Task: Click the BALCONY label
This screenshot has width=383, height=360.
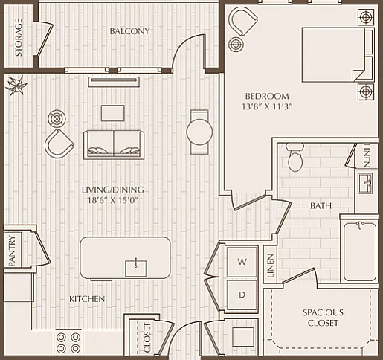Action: point(129,31)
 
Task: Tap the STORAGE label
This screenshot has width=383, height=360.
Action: point(19,37)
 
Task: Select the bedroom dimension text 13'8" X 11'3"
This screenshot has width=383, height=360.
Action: point(267,106)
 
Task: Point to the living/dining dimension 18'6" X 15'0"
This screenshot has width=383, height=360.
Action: point(113,200)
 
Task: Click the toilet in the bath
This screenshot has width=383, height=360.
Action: point(295,157)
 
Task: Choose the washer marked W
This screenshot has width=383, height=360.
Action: point(242,262)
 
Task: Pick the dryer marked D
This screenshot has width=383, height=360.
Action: point(242,295)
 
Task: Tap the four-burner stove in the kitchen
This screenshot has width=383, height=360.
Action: point(68,343)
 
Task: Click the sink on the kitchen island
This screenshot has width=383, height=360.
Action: point(135,268)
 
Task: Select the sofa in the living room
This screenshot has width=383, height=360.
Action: point(114,145)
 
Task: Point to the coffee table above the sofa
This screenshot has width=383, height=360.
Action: point(113,113)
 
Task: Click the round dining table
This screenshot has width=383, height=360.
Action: point(199,132)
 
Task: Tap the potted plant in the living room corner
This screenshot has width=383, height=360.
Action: point(16,86)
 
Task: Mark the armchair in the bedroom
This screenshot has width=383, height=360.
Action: point(243,21)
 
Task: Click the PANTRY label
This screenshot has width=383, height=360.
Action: point(12,251)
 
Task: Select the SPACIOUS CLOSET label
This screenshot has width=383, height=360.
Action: point(323,318)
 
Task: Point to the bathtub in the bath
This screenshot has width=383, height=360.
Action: point(360,251)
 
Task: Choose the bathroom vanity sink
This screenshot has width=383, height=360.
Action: point(365,183)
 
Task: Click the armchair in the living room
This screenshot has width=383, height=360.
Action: point(59,144)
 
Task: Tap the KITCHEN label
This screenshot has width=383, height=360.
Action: point(87,299)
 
